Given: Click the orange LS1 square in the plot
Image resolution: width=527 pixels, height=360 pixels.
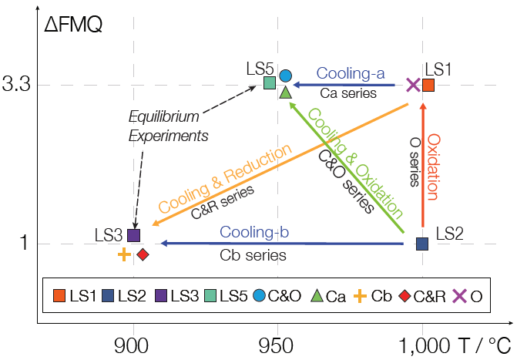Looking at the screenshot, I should [429, 85].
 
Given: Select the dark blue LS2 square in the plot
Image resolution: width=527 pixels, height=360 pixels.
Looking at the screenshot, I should [422, 244].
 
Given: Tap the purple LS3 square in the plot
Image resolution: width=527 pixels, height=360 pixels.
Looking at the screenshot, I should [133, 235].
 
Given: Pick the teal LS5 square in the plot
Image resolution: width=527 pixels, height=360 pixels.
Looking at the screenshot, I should [270, 82].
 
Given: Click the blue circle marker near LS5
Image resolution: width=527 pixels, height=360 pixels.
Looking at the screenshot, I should [286, 76].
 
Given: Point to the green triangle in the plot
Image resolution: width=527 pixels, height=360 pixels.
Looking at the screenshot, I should [285, 93].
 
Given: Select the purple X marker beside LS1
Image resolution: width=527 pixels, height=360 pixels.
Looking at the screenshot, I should [413, 85].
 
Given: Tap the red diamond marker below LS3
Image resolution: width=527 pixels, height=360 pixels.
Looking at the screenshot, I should [143, 254].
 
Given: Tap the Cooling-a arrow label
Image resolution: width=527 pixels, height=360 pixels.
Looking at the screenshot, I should [351, 74].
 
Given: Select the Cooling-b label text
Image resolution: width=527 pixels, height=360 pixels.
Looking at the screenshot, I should [253, 231].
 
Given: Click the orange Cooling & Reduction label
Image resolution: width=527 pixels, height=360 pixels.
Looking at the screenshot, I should [225, 179].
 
